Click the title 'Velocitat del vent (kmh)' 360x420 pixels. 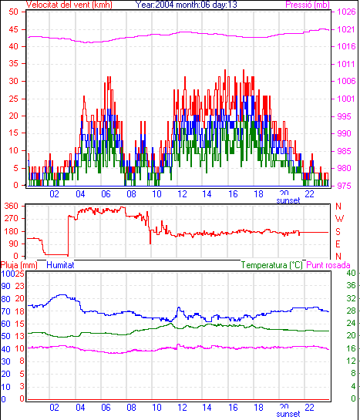(69, 5)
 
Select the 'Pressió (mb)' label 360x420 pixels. (308, 5)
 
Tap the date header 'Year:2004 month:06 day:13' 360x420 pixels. (187, 5)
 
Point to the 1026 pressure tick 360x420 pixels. (346, 12)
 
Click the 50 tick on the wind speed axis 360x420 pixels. (13, 12)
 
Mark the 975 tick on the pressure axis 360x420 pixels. (344, 186)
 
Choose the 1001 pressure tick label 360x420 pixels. (346, 99)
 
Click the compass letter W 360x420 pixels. (339, 219)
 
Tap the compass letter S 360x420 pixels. (338, 231)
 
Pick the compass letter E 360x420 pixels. (338, 244)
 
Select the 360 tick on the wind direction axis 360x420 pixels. (12, 207)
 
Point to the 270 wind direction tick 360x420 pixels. (12, 219)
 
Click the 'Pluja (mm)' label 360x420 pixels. (19, 265)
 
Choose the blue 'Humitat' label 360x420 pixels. (60, 265)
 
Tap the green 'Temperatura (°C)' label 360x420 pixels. (271, 265)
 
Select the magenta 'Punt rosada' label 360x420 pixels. (328, 265)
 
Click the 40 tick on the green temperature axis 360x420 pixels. (352, 274)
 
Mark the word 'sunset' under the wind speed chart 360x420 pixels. (288, 200)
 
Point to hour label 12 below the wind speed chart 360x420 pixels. (182, 193)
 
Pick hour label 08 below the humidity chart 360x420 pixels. (131, 408)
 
